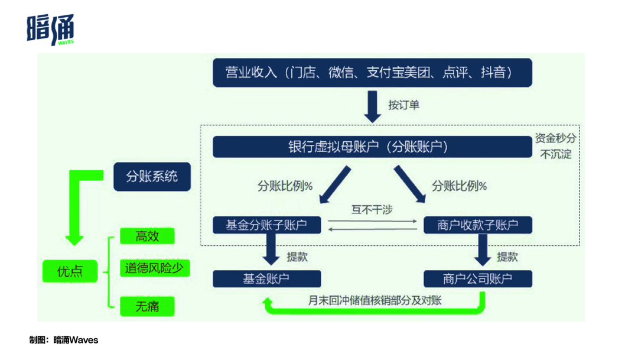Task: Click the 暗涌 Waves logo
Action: (50, 30)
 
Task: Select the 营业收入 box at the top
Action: (372, 73)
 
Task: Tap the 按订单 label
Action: (403, 105)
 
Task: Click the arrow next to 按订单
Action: (372, 106)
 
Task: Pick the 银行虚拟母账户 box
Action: (372, 147)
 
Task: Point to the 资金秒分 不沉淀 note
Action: (556, 146)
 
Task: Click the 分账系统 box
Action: (152, 177)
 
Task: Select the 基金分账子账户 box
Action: (267, 225)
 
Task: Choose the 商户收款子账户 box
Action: (478, 225)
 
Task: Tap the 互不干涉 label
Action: (372, 210)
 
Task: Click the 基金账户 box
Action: (267, 279)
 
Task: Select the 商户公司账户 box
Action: (478, 279)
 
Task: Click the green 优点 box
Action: (70, 271)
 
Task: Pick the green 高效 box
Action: (147, 236)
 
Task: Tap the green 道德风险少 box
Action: (155, 268)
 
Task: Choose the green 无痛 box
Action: (147, 306)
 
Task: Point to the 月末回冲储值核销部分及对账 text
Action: (375, 300)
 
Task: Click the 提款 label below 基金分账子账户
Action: (297, 257)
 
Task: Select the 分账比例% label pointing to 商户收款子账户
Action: (460, 186)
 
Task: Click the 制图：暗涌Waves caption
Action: (64, 340)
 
